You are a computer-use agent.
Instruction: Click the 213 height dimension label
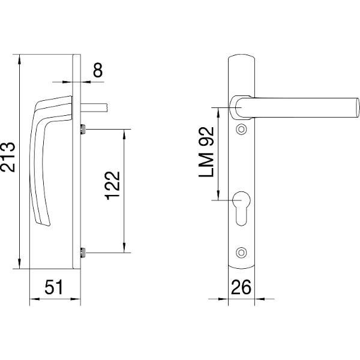click(8, 157)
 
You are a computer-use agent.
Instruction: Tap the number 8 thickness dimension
click(98, 70)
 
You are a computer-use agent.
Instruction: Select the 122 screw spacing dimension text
click(112, 185)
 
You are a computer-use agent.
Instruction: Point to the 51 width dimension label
click(54, 287)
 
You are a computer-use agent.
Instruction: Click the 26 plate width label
click(241, 287)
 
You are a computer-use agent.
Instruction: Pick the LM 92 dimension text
click(206, 152)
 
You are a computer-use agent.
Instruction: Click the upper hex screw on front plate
click(241, 130)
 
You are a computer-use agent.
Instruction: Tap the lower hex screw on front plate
click(241, 253)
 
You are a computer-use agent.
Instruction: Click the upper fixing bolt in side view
click(83, 129)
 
